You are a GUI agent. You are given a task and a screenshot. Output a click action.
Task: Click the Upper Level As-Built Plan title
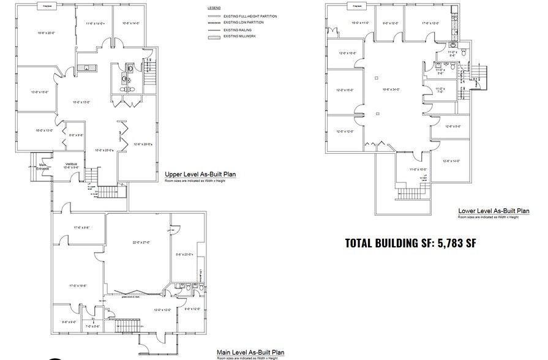200,174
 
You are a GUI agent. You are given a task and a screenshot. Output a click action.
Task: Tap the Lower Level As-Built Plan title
494,211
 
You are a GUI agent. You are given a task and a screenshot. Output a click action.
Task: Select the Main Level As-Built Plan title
251,352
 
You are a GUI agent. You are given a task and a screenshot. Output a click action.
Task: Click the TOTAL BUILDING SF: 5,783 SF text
410,242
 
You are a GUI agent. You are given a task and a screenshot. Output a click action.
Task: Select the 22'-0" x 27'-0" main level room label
141,242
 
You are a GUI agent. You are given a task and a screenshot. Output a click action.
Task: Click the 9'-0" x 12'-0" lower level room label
390,24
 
